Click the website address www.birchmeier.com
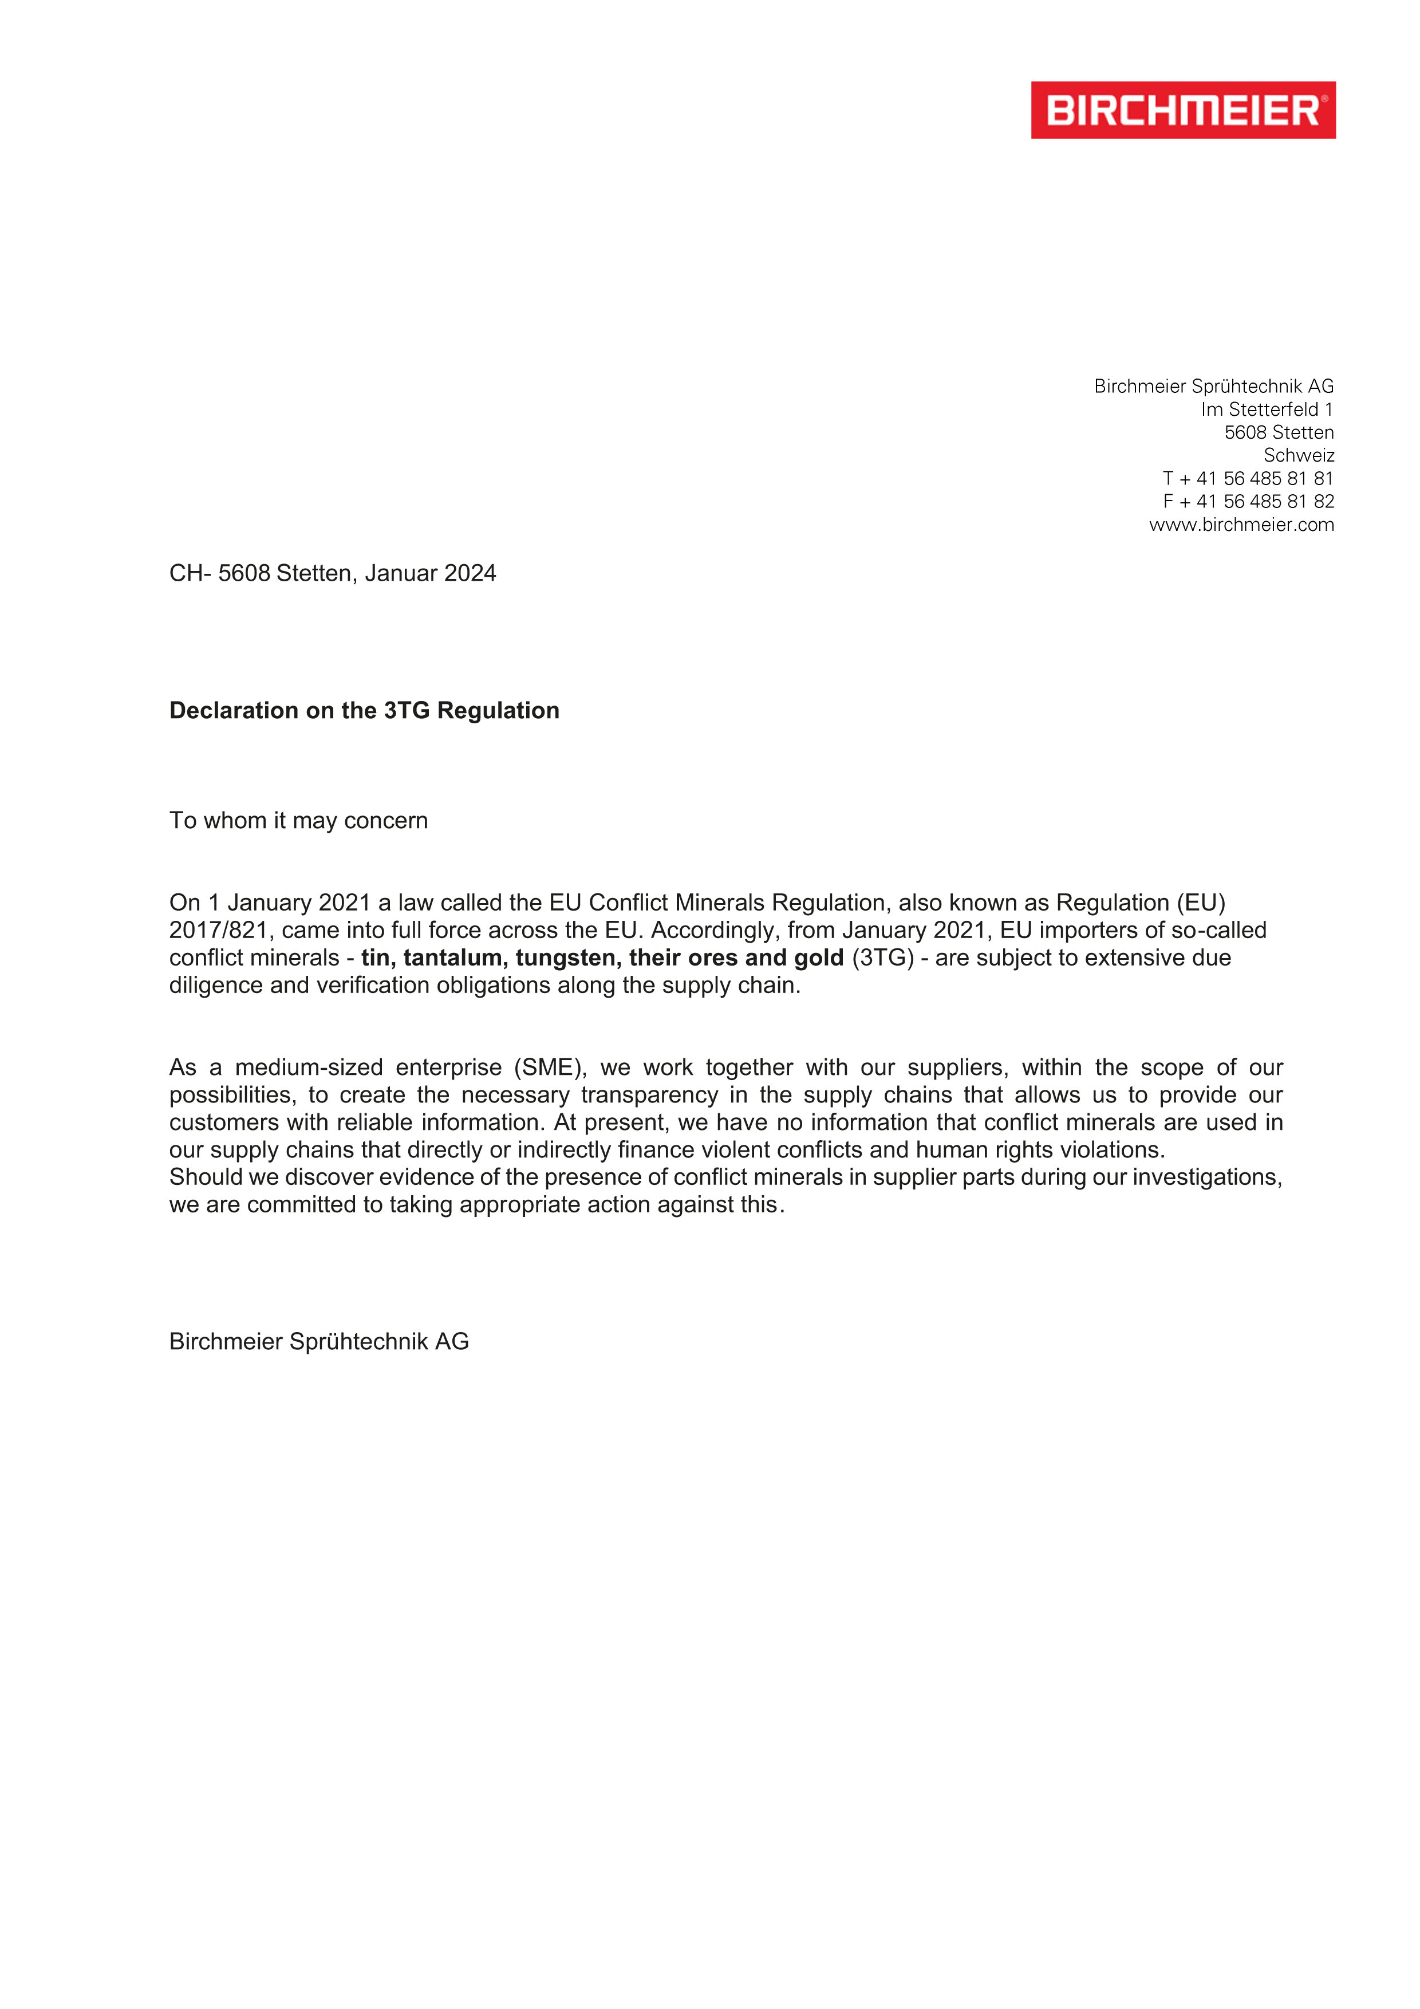pyautogui.click(x=1241, y=525)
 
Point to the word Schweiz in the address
pyautogui.click(x=1299, y=455)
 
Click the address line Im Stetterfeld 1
pyautogui.click(x=1267, y=409)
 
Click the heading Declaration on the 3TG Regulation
pyautogui.click(x=364, y=711)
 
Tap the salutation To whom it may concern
pyautogui.click(x=298, y=821)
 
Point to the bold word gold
pyautogui.click(x=819, y=958)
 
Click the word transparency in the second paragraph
pyautogui.click(x=649, y=1096)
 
